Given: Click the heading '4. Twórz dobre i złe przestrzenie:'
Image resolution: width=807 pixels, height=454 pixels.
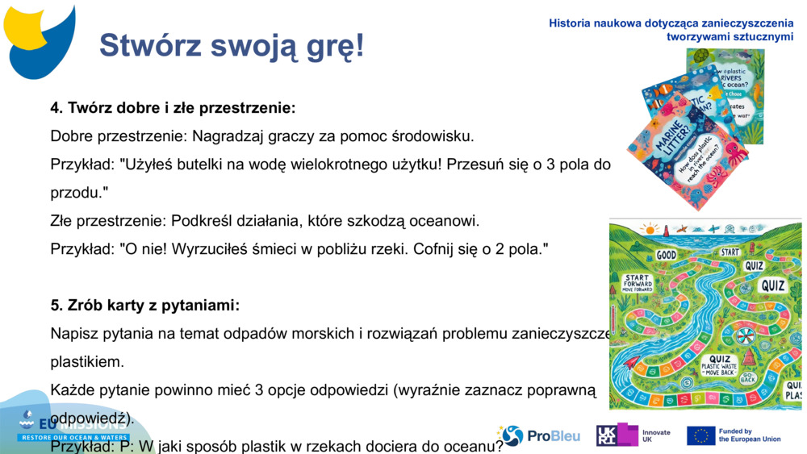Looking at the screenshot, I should (x=173, y=107).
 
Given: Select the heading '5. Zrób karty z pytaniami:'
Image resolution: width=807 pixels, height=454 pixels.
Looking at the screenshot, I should (x=145, y=306).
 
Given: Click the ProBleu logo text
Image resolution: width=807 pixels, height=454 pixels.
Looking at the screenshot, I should (x=554, y=436).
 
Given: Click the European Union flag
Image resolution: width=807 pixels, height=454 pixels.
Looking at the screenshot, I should (x=700, y=435).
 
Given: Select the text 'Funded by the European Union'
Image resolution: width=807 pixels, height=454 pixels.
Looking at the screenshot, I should (x=749, y=435).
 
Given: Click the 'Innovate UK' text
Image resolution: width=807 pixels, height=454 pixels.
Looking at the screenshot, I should (x=656, y=436).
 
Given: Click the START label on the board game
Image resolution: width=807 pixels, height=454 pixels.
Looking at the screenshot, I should (x=730, y=252).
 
